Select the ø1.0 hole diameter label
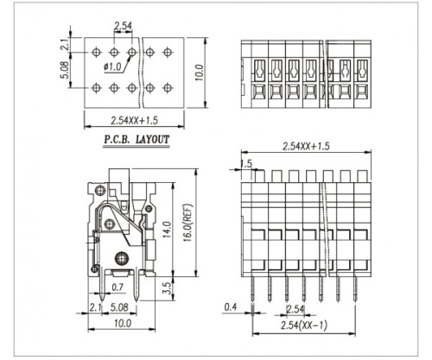(x=112, y=66)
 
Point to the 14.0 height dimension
(x=167, y=231)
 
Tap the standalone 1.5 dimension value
(x=247, y=163)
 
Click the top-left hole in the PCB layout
(x=95, y=53)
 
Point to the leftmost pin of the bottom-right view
(x=252, y=285)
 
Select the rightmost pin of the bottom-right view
(x=353, y=285)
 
